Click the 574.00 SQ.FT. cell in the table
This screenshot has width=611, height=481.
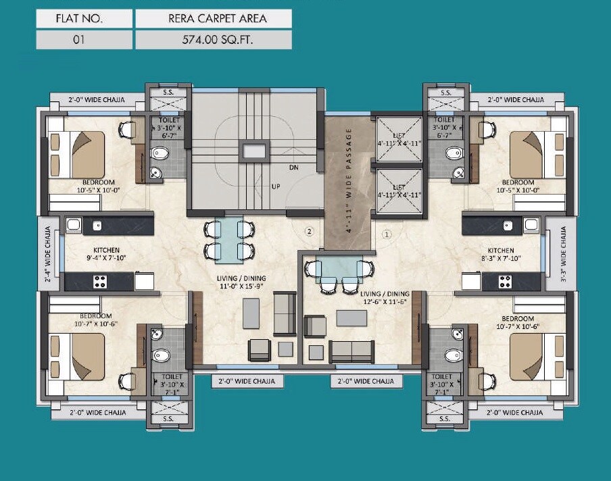coord(214,39)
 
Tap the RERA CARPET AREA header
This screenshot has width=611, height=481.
coord(214,18)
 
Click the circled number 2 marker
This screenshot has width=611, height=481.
coord(309,232)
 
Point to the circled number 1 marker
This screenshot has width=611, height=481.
coord(387,235)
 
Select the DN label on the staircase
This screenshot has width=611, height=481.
coord(293,167)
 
